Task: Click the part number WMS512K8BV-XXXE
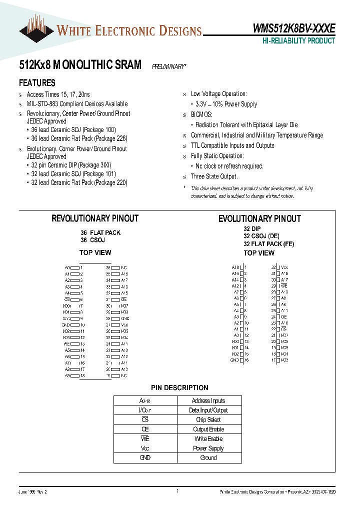293,29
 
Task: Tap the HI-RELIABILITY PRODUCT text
298,41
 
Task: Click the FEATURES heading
37,83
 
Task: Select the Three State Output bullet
214,176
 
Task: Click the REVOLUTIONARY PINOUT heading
95,218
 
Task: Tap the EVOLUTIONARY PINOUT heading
259,219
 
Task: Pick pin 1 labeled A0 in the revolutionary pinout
75,268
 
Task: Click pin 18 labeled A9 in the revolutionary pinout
75,375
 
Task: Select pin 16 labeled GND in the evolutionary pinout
242,360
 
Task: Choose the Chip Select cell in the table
208,419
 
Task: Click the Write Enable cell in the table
208,438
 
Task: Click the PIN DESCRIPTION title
179,387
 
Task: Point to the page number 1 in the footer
177,491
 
